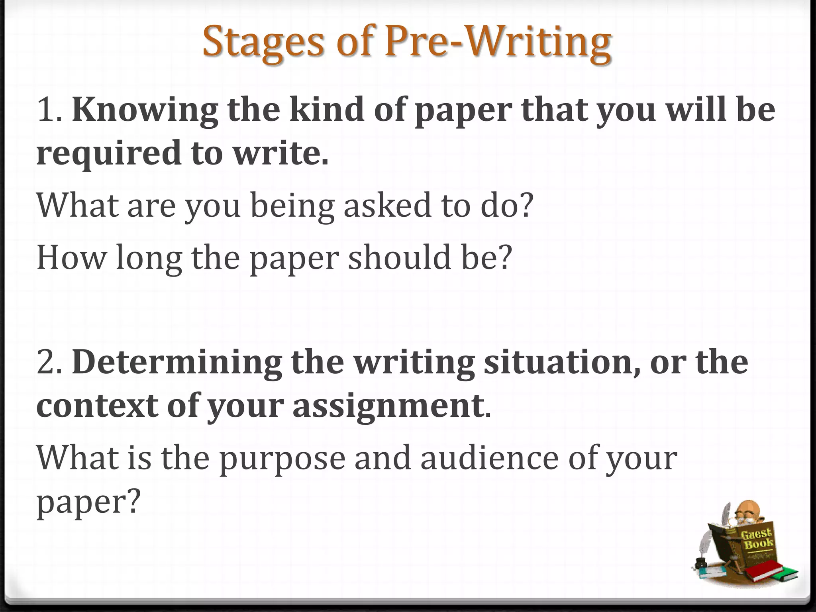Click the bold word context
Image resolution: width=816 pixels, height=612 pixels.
click(97, 406)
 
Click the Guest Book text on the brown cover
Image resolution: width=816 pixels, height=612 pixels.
click(757, 538)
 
